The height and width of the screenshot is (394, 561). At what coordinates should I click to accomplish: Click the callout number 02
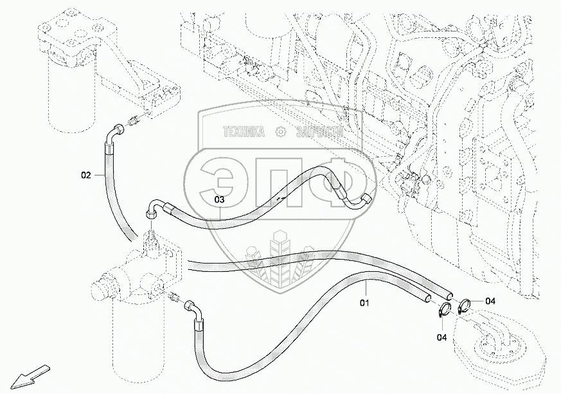point(85,174)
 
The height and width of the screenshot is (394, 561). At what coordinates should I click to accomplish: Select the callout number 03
point(219,200)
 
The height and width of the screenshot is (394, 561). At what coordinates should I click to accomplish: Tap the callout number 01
point(364,300)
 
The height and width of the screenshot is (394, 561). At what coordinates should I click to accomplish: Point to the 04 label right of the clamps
point(490,301)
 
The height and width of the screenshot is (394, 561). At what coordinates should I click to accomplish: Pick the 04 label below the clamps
point(442,336)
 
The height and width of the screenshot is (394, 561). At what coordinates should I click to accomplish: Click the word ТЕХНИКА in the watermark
point(244,132)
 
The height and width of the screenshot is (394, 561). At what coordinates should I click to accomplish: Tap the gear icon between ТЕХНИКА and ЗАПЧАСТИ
point(280,132)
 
